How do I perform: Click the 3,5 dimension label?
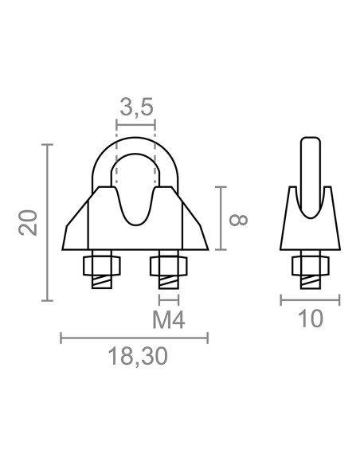pos(137,107)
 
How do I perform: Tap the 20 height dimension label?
pos(28,222)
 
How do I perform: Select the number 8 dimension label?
pos(239,220)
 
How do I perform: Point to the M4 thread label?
pos(169,320)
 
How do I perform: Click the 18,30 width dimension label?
pos(138,357)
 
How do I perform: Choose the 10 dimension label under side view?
pos(311,318)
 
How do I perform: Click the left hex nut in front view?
pos(102,265)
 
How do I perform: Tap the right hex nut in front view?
pos(168,265)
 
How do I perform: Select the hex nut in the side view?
pos(311,265)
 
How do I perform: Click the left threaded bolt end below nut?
pos(102,282)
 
